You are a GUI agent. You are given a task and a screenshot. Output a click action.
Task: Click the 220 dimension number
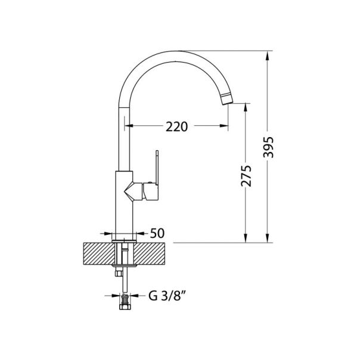(x=177, y=126)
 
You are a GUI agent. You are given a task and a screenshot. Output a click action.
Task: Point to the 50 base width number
(x=157, y=233)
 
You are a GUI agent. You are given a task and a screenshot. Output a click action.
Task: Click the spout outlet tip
(x=226, y=98)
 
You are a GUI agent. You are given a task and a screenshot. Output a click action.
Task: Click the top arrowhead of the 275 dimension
(x=246, y=106)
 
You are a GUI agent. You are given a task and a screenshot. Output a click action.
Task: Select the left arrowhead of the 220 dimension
(x=128, y=126)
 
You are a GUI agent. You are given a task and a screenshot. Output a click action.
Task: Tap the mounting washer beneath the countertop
(x=125, y=263)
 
